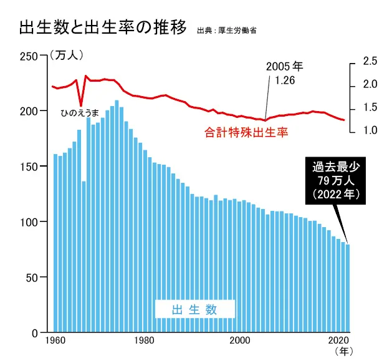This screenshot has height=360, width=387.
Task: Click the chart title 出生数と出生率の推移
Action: [103, 28]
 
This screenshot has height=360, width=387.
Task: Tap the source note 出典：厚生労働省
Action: [226, 30]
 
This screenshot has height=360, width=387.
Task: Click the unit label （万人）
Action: [65, 56]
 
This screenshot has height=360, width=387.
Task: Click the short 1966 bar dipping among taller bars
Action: [84, 256]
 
